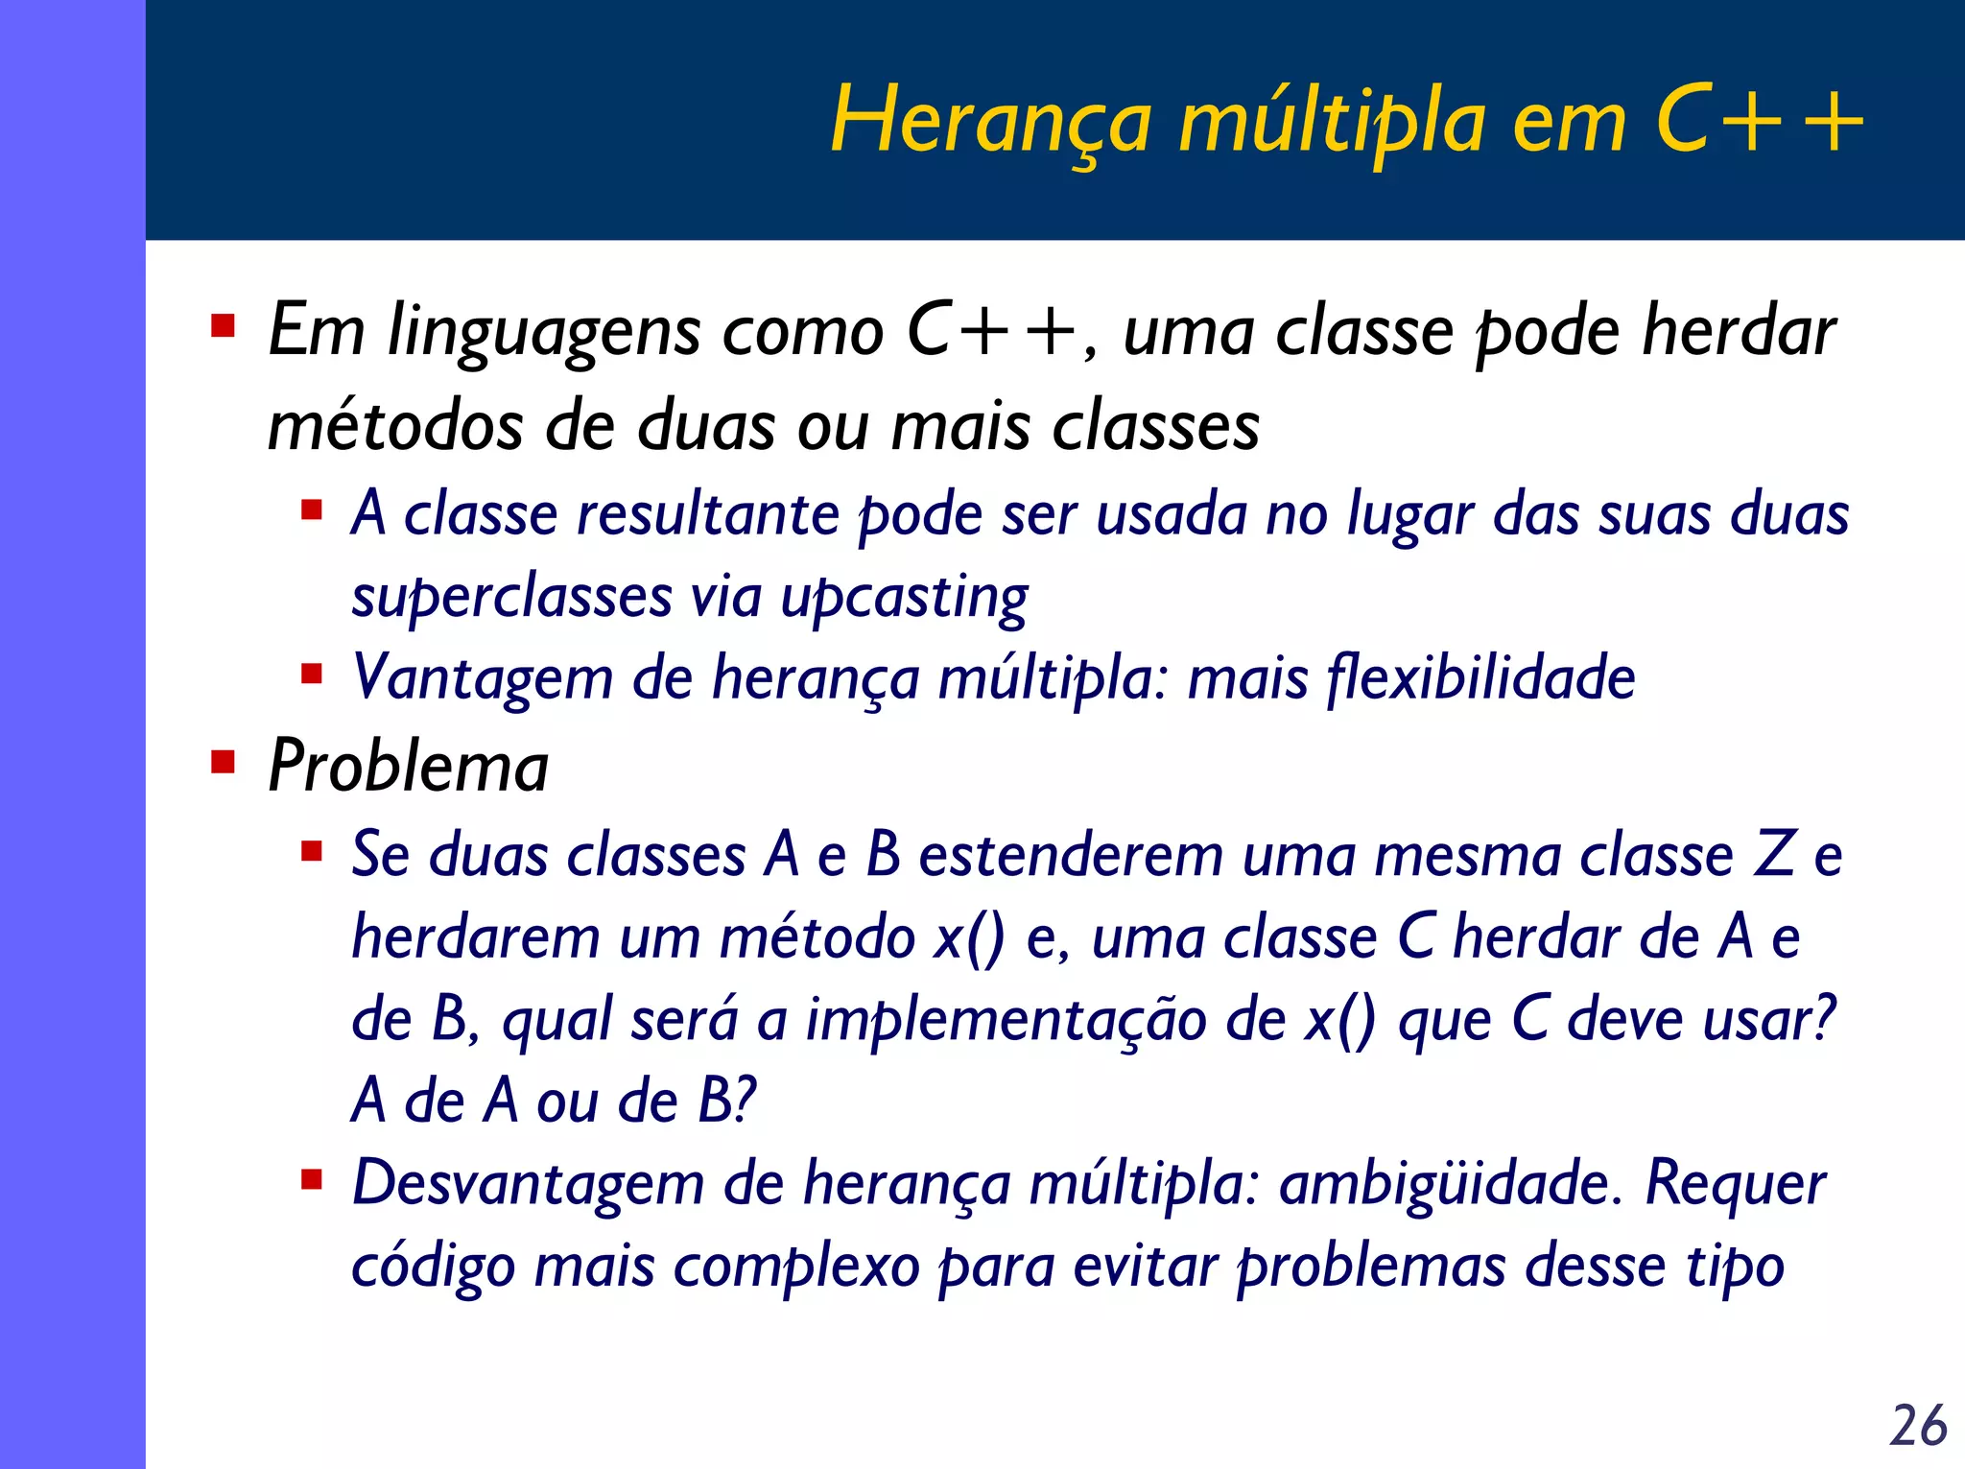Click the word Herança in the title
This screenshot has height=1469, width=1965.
[990, 122]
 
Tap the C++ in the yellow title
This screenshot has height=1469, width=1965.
[1759, 122]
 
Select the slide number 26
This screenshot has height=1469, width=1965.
[1918, 1425]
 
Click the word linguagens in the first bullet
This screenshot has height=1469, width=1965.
[543, 332]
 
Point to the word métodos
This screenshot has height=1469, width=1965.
[394, 426]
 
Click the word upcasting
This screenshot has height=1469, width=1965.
[904, 598]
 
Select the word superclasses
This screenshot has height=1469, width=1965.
[511, 598]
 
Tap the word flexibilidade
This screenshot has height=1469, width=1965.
[1480, 678]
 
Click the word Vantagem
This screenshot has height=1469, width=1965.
[483, 678]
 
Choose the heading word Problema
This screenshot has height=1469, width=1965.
[409, 767]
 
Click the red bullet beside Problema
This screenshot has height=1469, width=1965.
[224, 763]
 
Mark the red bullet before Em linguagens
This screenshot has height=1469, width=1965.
[224, 327]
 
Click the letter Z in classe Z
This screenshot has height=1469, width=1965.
[1774, 854]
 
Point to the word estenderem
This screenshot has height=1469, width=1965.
[1070, 854]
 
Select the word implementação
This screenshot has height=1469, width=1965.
[1006, 1020]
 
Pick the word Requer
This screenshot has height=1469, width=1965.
[1735, 1183]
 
